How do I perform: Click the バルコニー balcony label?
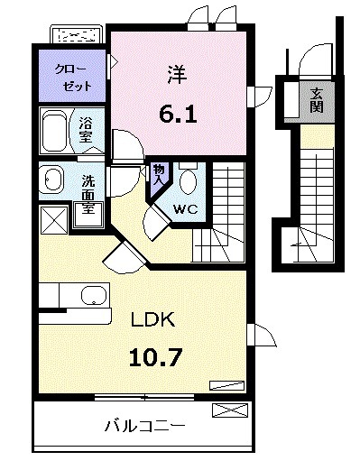coord(144,425)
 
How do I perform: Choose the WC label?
coord(185,208)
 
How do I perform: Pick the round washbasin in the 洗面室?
coord(51,180)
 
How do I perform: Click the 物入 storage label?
coord(158,173)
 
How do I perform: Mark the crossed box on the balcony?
coord(229,411)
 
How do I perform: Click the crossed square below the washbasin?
coord(52,219)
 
